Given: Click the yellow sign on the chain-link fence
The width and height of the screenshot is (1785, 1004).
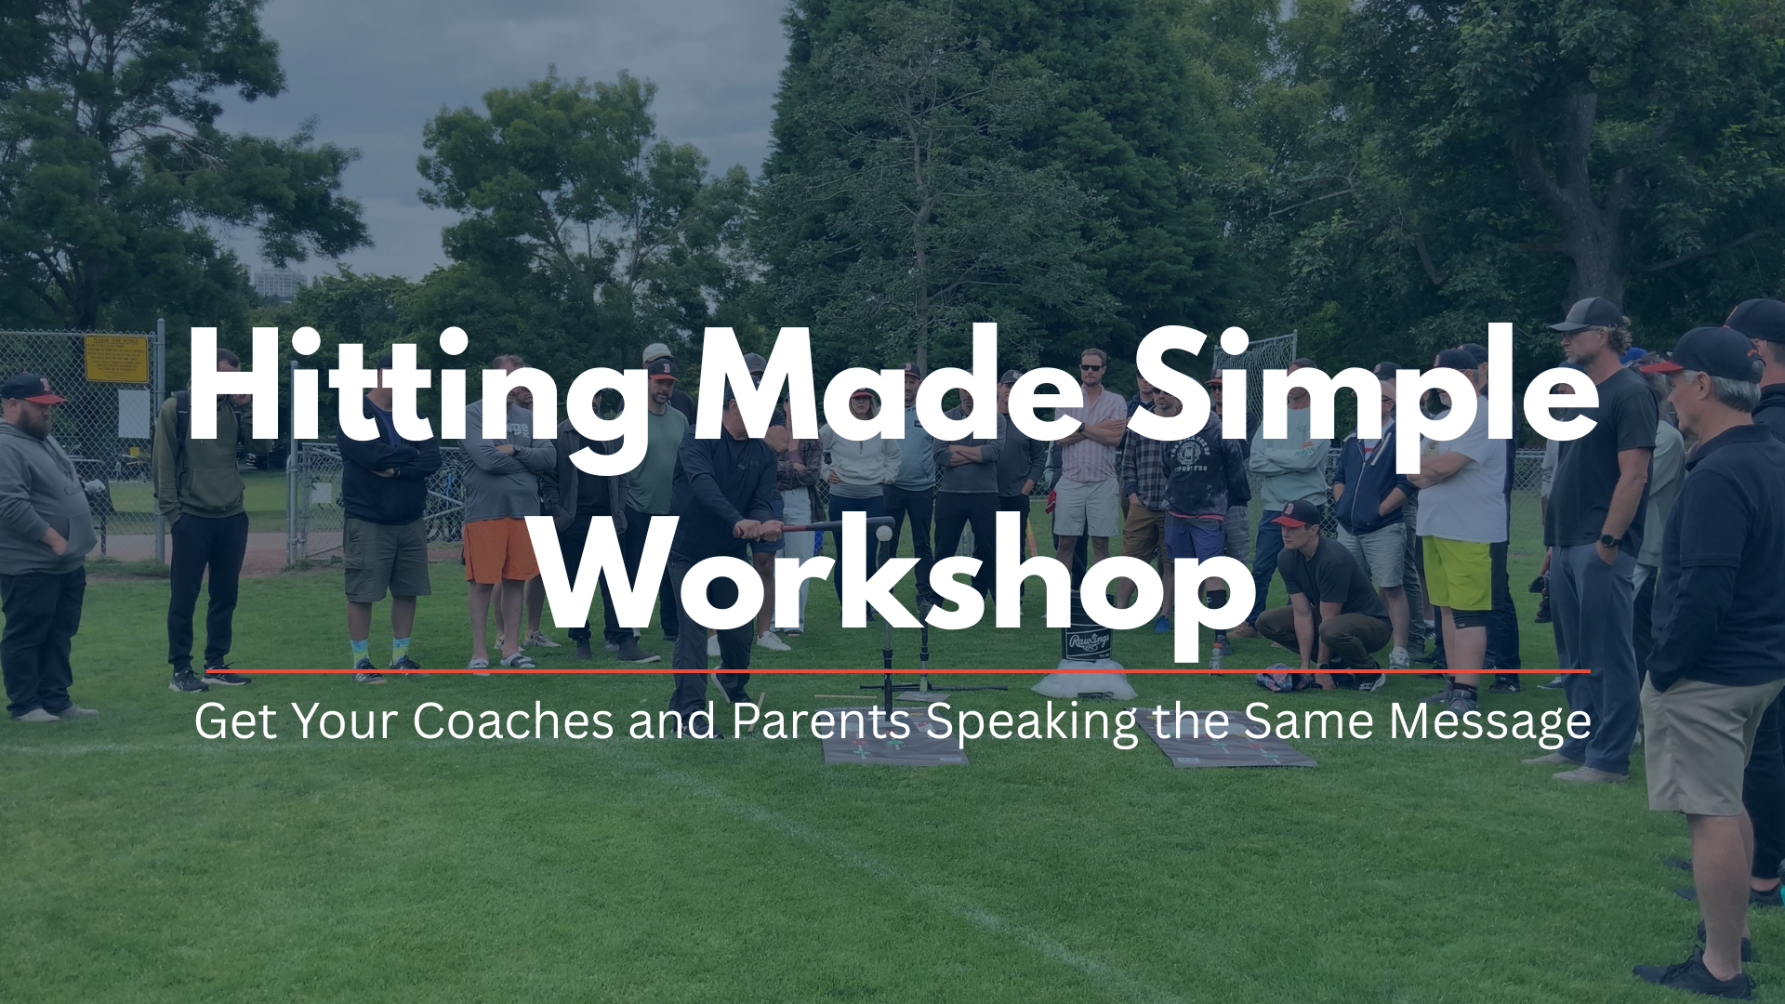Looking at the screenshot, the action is coord(116,359).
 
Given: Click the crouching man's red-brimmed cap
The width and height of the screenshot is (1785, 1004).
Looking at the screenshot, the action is coord(1294,513).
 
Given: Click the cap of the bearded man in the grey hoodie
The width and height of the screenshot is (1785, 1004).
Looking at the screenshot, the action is coord(33,389).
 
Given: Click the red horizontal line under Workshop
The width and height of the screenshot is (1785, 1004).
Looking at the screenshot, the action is coord(898,669).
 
